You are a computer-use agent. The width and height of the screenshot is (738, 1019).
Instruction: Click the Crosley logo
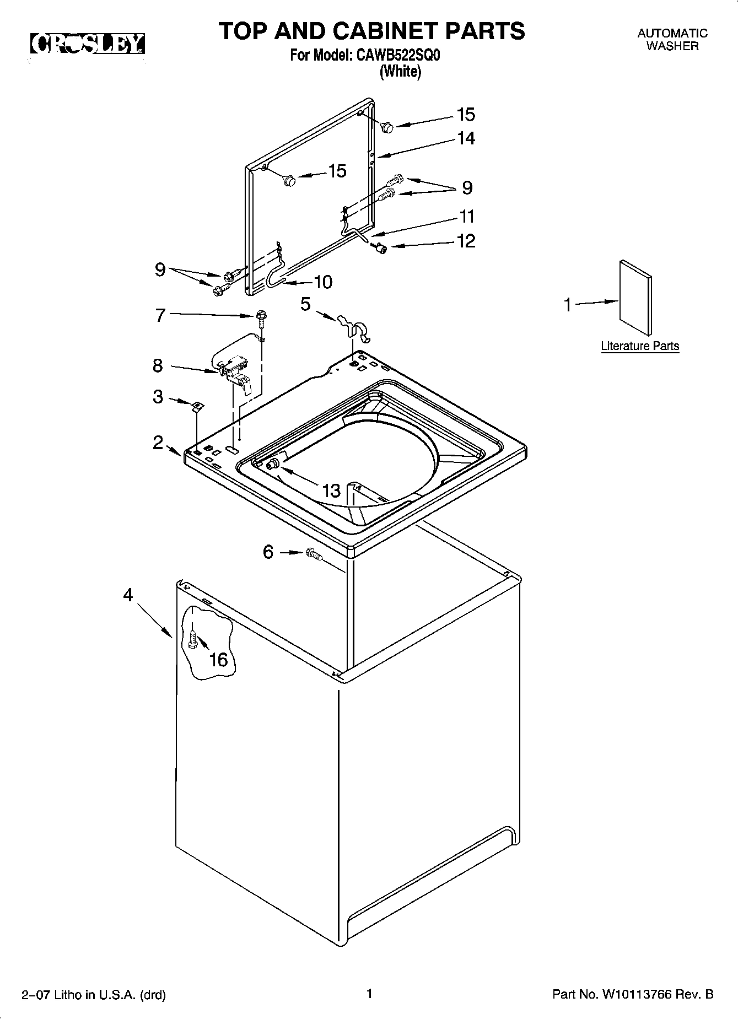point(87,44)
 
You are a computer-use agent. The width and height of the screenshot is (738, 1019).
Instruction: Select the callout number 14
point(466,138)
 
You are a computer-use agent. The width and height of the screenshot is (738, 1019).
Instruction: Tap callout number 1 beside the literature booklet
point(568,305)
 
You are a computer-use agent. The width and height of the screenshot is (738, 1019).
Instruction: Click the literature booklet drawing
point(635,298)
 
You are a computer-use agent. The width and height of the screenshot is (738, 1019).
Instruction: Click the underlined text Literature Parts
point(639,346)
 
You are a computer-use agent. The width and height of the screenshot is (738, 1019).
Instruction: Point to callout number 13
point(331,490)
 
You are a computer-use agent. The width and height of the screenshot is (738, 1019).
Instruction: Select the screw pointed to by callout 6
point(313,553)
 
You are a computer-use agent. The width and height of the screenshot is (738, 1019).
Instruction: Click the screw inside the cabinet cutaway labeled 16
point(192,640)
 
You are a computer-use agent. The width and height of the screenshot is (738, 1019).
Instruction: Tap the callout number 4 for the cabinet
point(128,595)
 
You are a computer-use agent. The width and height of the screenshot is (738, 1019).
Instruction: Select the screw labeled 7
point(261,316)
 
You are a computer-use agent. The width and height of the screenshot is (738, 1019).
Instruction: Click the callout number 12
point(466,241)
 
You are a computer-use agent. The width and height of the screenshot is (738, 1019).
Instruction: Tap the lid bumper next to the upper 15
point(387,127)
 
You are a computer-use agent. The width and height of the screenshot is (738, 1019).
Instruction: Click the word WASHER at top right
point(672,46)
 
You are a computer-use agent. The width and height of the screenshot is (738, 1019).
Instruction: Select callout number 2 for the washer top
point(158,442)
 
